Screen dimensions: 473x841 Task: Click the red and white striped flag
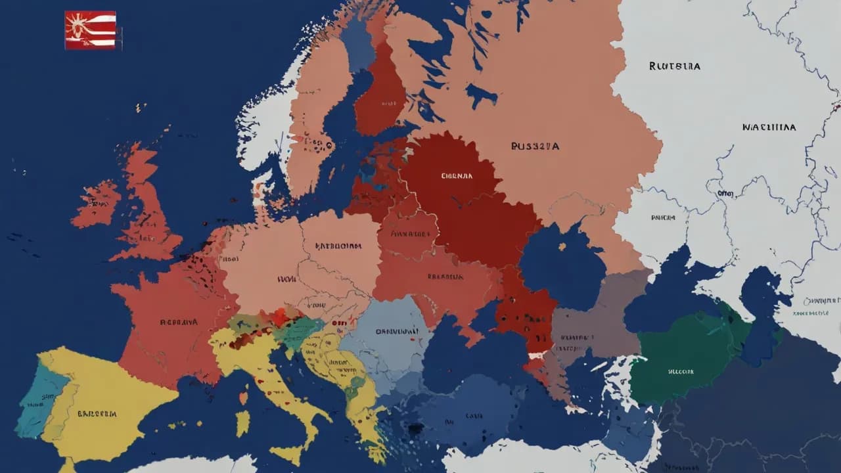tap(91, 30)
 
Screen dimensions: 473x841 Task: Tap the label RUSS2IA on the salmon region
tap(535, 146)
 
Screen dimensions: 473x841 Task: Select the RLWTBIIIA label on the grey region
tap(674, 66)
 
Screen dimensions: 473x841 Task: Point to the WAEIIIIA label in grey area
tap(769, 127)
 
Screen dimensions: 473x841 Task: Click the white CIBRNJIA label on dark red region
tap(457, 176)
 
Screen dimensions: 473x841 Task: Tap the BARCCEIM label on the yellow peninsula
tap(97, 414)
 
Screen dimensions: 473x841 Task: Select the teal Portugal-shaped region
tap(36, 401)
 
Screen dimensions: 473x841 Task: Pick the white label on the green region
tap(680, 371)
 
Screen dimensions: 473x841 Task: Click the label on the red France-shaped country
tap(178, 322)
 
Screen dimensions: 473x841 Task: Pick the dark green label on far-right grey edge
tap(821, 300)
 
